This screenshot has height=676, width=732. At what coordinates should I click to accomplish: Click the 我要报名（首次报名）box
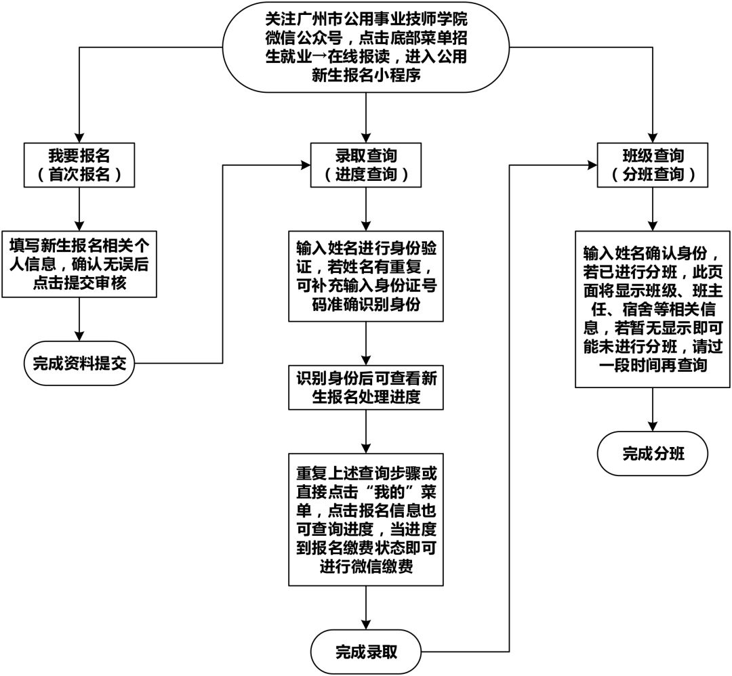79,165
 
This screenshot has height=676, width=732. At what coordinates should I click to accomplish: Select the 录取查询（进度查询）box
366,165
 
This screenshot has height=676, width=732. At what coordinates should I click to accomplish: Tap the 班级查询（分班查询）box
652,165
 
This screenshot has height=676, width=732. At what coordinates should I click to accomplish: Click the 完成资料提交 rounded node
79,363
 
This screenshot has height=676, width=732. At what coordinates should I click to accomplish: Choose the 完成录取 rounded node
366,652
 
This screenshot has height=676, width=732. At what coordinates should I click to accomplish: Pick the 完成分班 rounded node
653,453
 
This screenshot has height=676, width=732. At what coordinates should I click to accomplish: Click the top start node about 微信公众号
366,47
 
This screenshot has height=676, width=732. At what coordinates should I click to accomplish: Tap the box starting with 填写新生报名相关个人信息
79,264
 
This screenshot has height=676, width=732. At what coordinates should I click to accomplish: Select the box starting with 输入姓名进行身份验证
366,274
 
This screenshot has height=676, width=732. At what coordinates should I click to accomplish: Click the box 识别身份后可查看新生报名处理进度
366,387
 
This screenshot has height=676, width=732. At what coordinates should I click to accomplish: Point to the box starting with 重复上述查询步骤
366,519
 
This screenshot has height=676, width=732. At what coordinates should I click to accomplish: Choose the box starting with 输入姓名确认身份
653,309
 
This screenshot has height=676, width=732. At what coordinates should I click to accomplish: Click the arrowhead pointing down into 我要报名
79,135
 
